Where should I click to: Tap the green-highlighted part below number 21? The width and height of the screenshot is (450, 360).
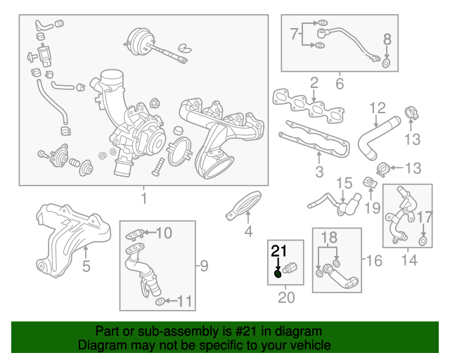coord(278,274)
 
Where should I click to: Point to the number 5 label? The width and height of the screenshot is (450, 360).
coord(86,266)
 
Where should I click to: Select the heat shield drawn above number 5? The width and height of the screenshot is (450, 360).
coord(74,232)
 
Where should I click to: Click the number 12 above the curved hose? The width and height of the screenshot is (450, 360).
coord(378,108)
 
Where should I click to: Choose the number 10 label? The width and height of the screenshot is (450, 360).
coord(163,233)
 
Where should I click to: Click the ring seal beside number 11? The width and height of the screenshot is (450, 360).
coord(161,302)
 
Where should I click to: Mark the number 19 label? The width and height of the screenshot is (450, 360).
coord(373,208)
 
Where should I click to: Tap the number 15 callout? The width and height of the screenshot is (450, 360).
coord(343,184)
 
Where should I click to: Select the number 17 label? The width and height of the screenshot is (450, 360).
coord(425,217)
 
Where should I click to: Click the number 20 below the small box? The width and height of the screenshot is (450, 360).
coord(286,297)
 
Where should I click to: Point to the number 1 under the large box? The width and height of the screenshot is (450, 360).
coord(143,199)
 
